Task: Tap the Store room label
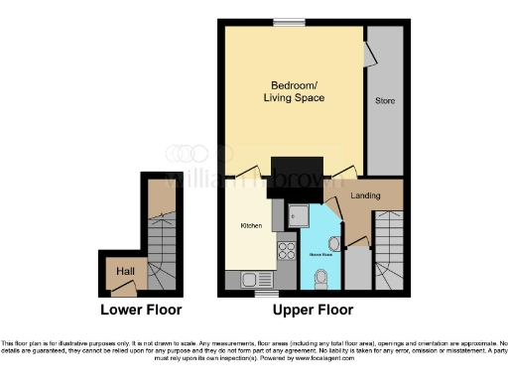pyautogui.click(x=384, y=101)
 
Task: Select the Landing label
pyautogui.click(x=366, y=195)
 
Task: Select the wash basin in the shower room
pyautogui.click(x=335, y=243)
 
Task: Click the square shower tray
pyautogui.click(x=299, y=214)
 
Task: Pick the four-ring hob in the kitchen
pyautogui.click(x=289, y=251)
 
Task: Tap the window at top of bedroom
pyautogui.click(x=289, y=22)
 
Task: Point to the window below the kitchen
pyautogui.click(x=264, y=295)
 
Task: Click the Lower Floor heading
pyautogui.click(x=140, y=311)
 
